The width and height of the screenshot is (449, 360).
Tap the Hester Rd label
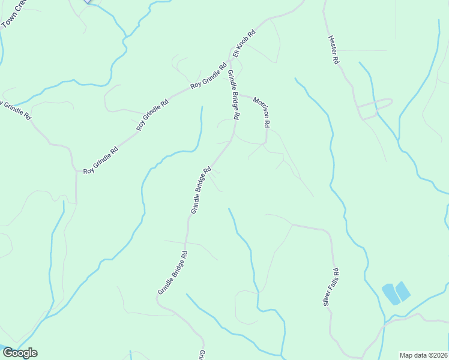tap(334, 50)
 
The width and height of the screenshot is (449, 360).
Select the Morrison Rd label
tap(262, 112)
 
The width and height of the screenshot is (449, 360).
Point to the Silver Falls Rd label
tap(331, 287)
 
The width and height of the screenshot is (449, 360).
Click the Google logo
tap(20, 353)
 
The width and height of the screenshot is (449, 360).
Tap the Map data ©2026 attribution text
tap(423, 355)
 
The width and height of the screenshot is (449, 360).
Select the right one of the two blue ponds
tap(402, 291)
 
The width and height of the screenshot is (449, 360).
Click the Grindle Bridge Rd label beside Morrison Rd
tap(233, 94)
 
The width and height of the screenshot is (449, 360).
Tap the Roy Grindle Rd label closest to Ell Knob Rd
tap(208, 77)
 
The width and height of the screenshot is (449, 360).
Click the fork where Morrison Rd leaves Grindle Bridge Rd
tap(239, 93)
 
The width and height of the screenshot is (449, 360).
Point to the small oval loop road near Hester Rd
tap(375, 106)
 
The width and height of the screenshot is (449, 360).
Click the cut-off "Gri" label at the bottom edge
tap(202, 355)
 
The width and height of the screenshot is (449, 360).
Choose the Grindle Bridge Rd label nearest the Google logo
tap(173, 273)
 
